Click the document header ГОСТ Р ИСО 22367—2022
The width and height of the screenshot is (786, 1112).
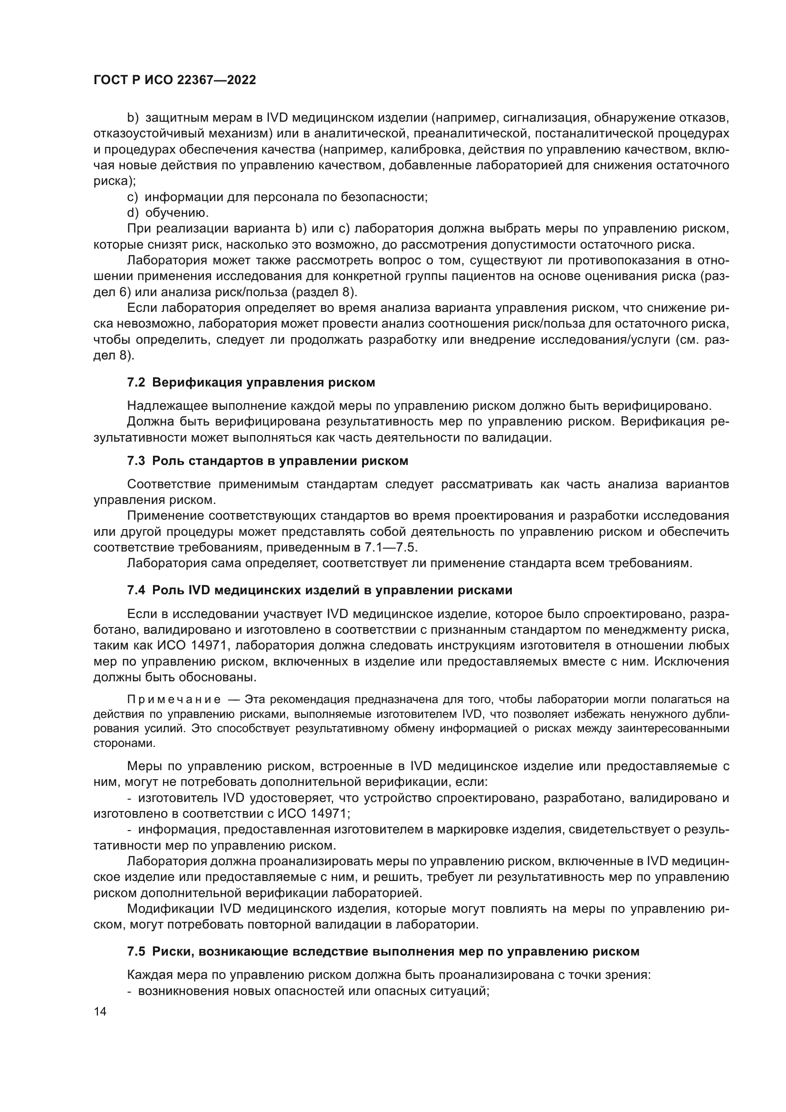[175, 80]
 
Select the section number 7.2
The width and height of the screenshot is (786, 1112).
[136, 383]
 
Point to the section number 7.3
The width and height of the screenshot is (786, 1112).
[136, 461]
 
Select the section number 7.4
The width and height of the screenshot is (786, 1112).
[136, 590]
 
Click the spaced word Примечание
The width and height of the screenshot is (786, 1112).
[174, 700]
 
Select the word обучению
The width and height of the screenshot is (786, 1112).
[177, 213]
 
